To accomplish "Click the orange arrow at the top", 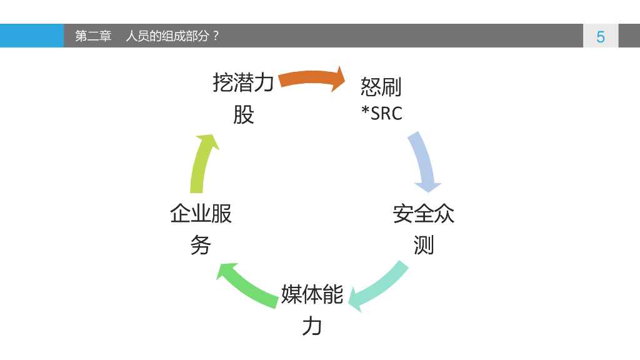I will click(311, 79).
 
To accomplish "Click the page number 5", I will click(601, 36).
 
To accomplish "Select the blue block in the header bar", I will click(31, 36).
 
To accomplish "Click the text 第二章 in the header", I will click(93, 36).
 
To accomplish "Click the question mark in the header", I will click(216, 36).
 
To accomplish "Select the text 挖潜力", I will click(243, 82).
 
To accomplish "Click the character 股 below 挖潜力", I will click(243, 114).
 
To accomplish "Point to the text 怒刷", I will click(381, 87).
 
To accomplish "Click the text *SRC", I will click(382, 113).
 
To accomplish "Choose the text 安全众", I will click(423, 214).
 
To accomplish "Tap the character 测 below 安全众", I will click(423, 245).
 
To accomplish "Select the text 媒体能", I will click(312, 294).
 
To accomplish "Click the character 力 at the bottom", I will click(312, 326).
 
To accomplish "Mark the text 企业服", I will click(201, 214).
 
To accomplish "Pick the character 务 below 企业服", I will click(201, 245).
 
